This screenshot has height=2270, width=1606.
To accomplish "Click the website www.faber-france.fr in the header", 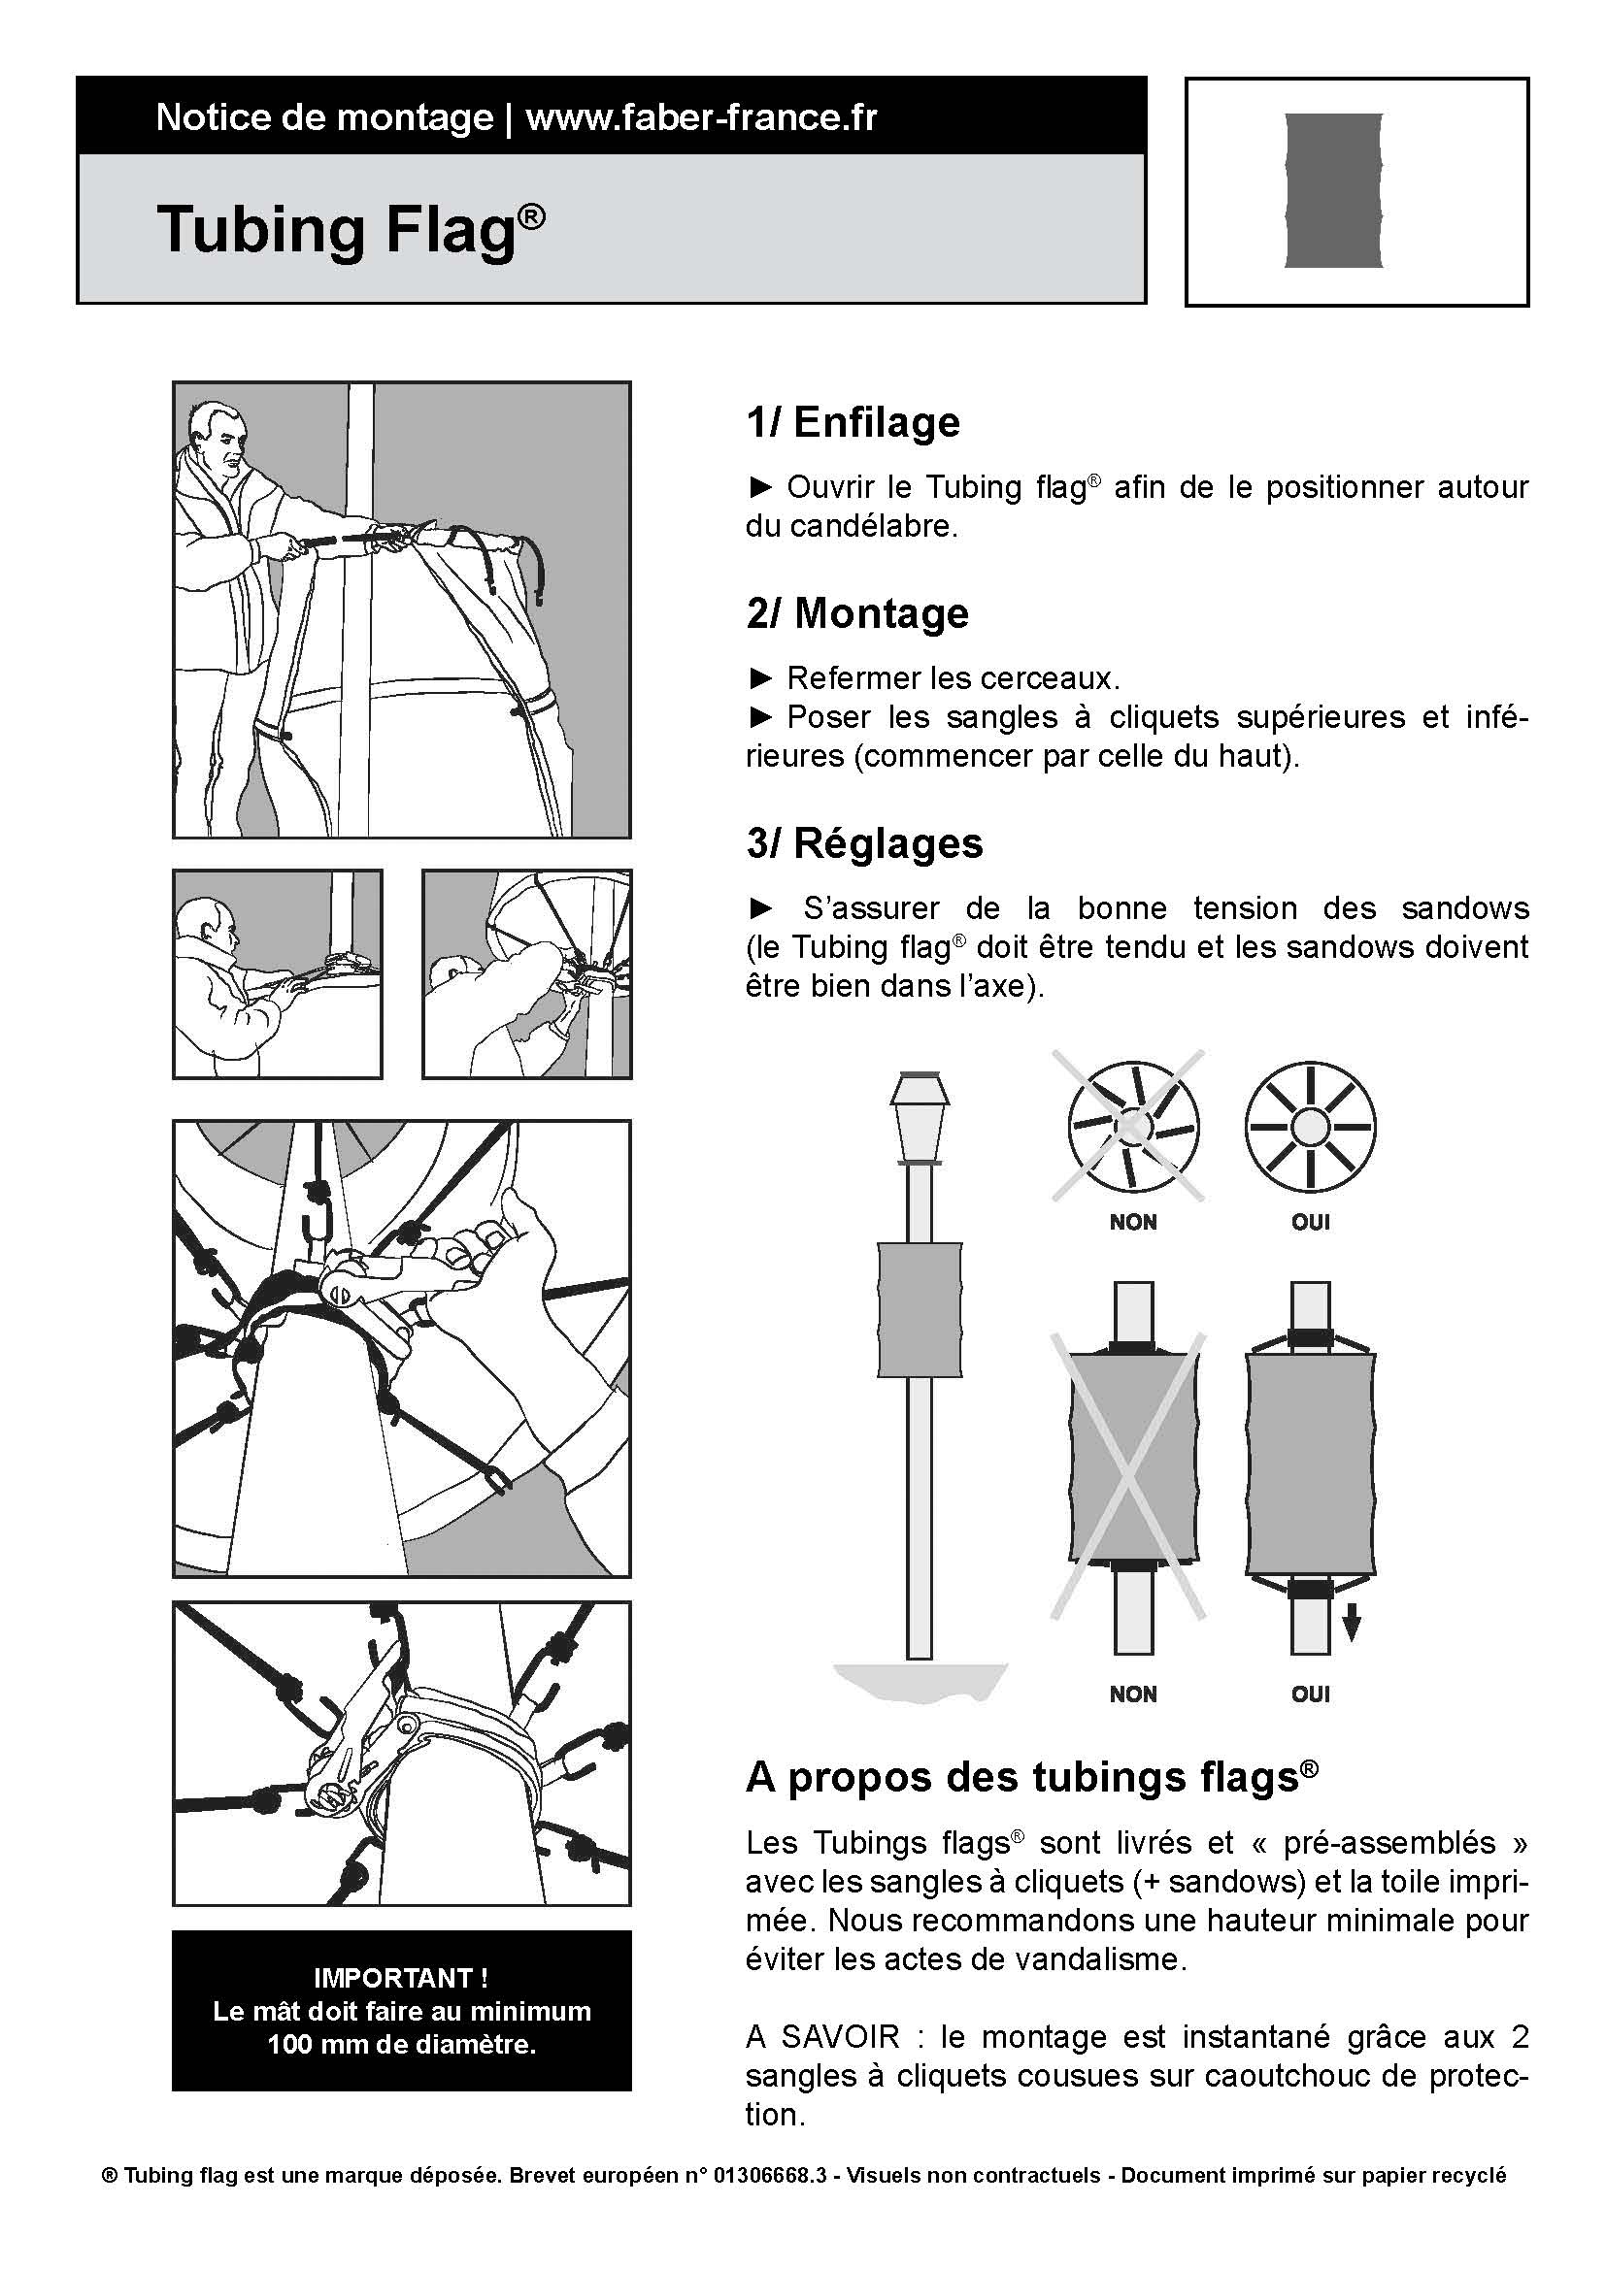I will pos(701,117).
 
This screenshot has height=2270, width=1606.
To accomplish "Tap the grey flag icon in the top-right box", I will pos(1332,191).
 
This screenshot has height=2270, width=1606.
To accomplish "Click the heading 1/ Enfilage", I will pos(853,422).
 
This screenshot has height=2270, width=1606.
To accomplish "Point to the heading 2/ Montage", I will pos(857,613).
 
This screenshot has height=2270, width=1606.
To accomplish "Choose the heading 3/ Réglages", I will pos(864,843).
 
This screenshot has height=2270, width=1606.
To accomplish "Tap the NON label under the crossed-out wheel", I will pos(1132,1222).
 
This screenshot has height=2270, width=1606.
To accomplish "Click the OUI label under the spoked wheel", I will pos(1310,1222).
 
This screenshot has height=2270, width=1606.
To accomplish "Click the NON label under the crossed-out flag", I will pos(1132,1694).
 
